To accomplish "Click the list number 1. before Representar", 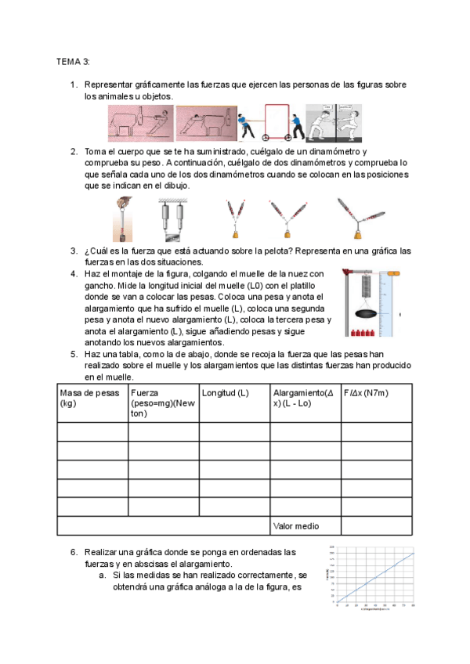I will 74,84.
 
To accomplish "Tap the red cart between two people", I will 275,122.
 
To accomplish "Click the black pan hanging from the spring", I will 366,313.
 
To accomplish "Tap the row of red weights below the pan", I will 365,334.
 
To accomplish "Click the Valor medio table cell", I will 296,526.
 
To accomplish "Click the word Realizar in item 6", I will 103,552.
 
